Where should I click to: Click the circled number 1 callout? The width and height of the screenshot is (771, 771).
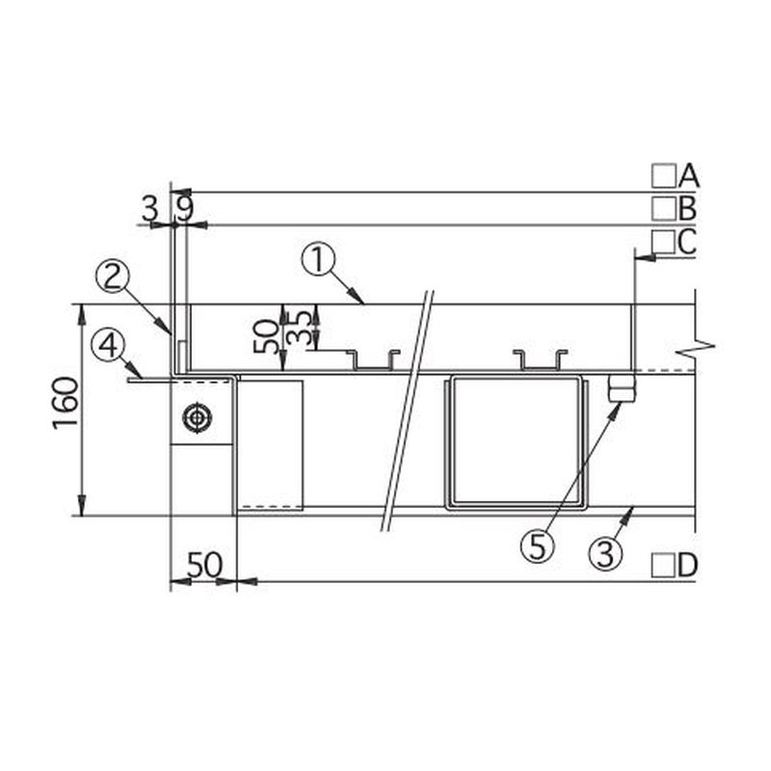pos(318,261)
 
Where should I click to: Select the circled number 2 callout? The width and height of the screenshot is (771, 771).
pos(112,277)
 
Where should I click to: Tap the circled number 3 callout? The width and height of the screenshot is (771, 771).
pos(606,553)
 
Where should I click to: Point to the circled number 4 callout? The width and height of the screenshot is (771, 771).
pos(108,346)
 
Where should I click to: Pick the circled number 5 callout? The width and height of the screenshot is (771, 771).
pos(538,546)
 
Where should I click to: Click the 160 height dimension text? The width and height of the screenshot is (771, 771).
pos(66,404)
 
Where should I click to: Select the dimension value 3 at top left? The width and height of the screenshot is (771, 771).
pos(150,208)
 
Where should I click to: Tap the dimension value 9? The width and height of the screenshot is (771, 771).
pos(184,208)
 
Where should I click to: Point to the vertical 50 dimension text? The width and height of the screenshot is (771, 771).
pos(266,336)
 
